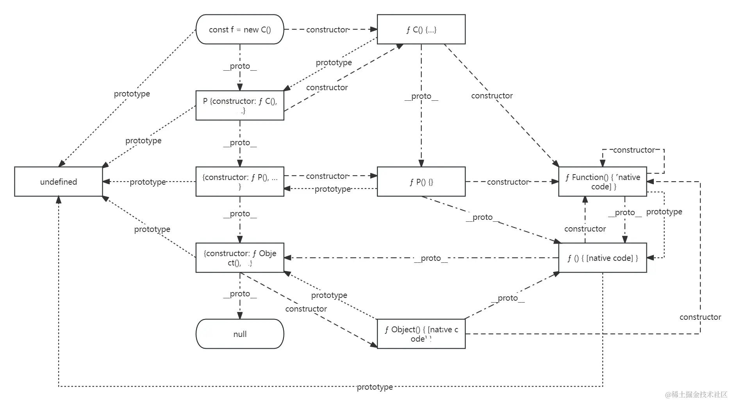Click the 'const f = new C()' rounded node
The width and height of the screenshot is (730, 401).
[239, 30]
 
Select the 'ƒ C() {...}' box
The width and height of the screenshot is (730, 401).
[421, 30]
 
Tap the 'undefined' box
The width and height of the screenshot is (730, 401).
[58, 182]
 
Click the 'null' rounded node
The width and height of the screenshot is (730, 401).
[239, 334]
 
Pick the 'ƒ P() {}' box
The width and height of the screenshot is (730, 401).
[421, 182]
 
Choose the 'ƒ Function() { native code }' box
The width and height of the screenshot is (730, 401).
[602, 182]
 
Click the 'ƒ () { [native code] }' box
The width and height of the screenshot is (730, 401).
[602, 258]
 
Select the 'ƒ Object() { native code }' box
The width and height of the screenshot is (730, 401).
[421, 334]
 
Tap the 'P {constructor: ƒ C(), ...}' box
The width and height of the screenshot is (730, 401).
[239, 105]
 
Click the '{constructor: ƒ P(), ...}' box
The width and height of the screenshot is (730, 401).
[239, 182]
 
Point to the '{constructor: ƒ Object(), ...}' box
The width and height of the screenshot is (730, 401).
[239, 258]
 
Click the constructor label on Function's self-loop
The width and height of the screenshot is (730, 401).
[634, 150]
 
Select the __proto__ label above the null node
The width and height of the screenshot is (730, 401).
[240, 294]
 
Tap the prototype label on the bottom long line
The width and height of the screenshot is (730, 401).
[375, 387]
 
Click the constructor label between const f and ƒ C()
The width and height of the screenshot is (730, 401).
[327, 30]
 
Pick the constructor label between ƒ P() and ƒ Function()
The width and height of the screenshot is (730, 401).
[507, 182]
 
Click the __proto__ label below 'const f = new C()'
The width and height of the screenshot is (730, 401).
[240, 66]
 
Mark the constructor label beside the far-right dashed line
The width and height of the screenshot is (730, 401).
[700, 317]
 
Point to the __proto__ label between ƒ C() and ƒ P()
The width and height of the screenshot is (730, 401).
[421, 96]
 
